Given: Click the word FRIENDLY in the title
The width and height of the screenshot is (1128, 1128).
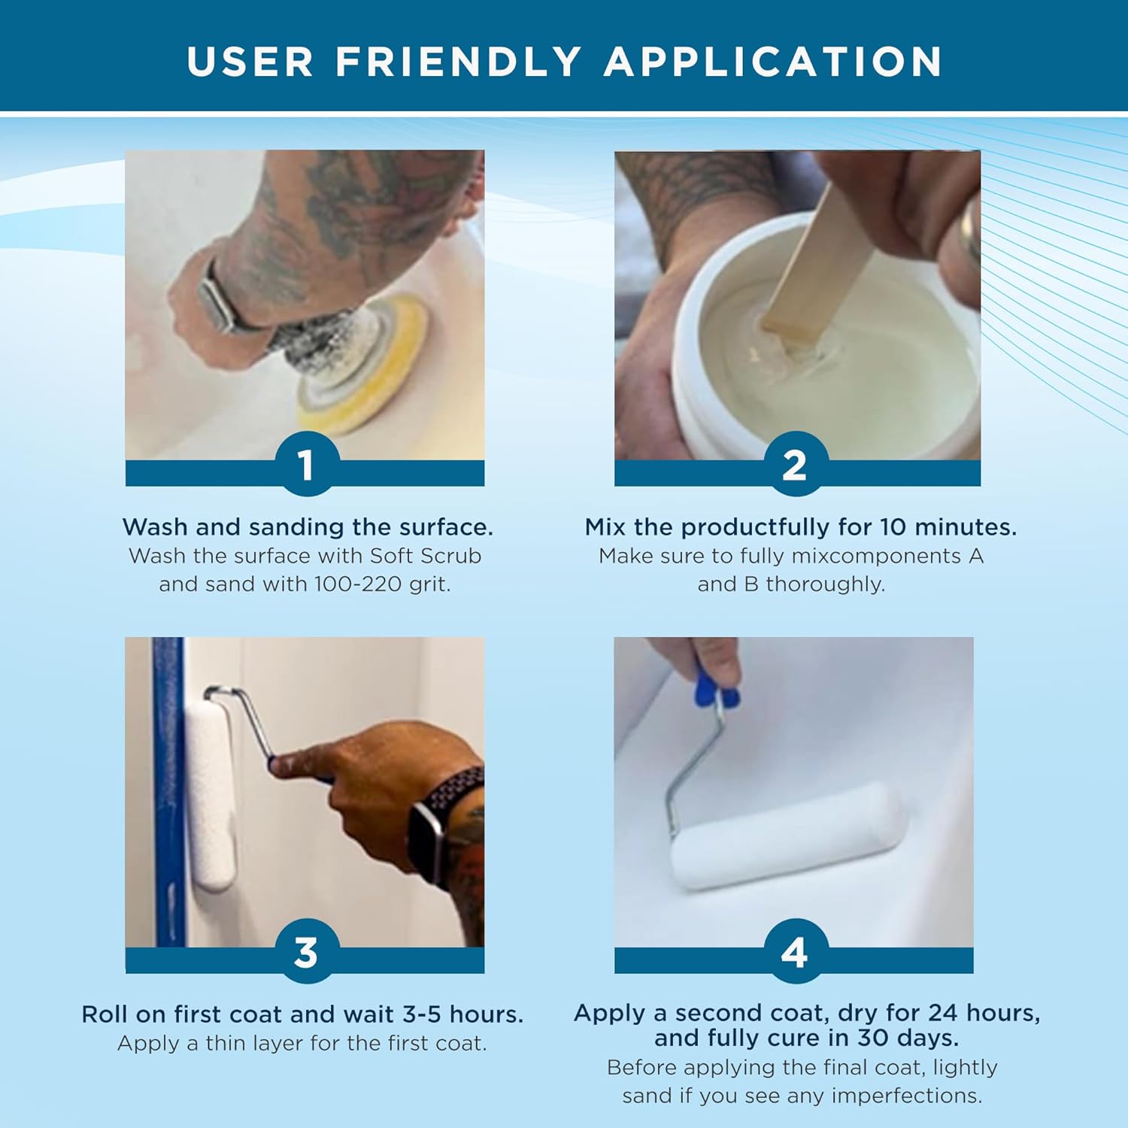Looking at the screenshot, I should pyautogui.click(x=458, y=62).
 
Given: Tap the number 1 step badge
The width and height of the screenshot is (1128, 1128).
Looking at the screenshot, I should pyautogui.click(x=305, y=465).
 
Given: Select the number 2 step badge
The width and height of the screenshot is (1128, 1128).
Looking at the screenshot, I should pyautogui.click(x=794, y=465).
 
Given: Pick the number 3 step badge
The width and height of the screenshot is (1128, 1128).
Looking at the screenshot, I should pyautogui.click(x=305, y=952).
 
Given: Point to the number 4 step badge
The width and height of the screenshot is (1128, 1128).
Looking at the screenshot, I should pyautogui.click(x=794, y=952).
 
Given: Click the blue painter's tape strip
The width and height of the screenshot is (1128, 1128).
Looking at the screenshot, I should pyautogui.click(x=168, y=790).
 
